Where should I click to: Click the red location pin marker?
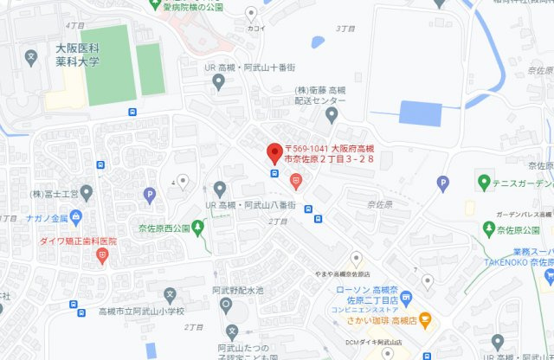point(274,152)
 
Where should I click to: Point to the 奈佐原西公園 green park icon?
point(198,228)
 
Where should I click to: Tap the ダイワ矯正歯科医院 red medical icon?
point(102,255)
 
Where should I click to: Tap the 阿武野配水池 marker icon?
point(224,305)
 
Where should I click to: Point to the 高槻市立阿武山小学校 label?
point(143,311)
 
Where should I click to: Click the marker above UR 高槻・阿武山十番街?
point(218,82)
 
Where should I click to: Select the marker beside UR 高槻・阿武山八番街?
point(219,188)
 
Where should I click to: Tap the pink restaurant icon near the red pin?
point(296,181)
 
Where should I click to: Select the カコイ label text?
point(255,27)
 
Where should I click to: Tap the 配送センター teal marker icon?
point(330,113)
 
